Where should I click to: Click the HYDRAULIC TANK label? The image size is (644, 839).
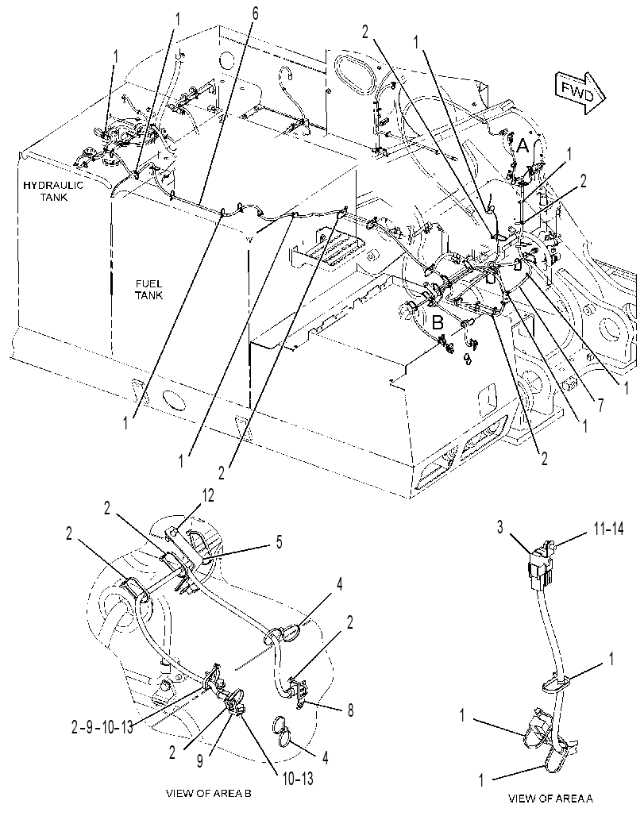(x=53, y=191)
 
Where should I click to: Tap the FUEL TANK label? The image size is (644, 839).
(x=148, y=290)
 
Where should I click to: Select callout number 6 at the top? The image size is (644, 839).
(x=255, y=14)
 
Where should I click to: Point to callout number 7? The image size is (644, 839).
(x=600, y=406)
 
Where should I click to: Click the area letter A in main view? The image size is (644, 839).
(x=523, y=145)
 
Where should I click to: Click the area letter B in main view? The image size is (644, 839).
(x=438, y=323)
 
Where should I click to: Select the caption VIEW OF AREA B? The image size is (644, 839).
(x=209, y=794)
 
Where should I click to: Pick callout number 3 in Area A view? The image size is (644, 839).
(x=499, y=527)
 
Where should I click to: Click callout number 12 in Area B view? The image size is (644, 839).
(x=207, y=496)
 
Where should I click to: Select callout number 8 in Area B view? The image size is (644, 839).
(x=350, y=710)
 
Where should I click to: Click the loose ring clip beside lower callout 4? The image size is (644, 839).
(x=283, y=732)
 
